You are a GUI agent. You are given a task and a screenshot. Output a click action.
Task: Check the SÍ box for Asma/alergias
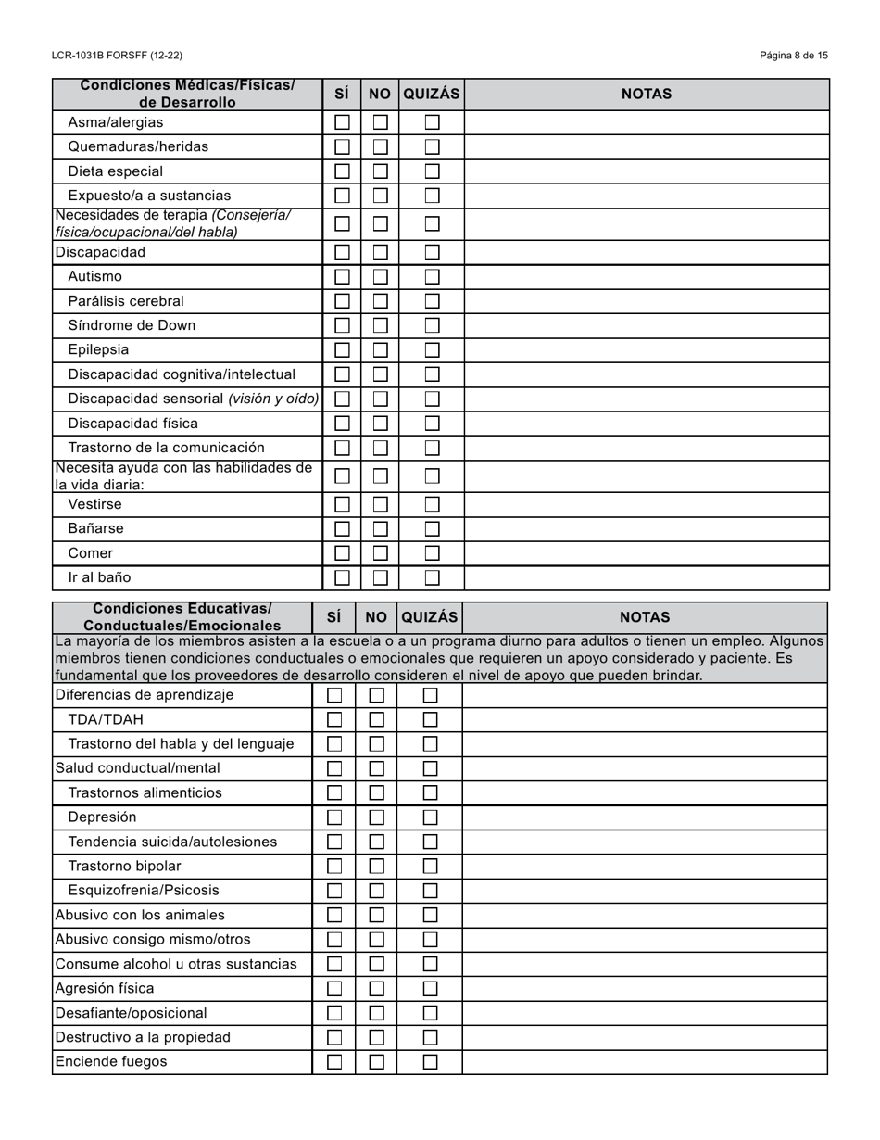coord(342,122)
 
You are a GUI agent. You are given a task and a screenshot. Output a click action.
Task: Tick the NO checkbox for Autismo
coord(380,276)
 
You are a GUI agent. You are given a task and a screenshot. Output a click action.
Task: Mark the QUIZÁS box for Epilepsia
coord(432,350)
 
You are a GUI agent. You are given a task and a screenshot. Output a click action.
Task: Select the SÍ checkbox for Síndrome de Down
coord(342,325)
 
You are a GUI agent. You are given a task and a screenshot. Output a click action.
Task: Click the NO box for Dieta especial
coord(380,171)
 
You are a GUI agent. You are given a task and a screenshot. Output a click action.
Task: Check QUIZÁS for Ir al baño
coord(432,577)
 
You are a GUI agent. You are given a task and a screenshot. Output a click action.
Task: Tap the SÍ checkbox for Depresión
coord(334,817)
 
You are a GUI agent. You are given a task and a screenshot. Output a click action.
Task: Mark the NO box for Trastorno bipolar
coord(376,867)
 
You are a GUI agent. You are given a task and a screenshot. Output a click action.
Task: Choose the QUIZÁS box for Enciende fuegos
coord(430,1062)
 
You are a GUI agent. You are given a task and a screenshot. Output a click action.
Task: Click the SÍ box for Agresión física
coord(334,989)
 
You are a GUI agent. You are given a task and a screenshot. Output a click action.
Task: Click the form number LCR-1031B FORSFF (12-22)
coord(117,56)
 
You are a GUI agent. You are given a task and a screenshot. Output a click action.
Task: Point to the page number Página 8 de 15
coord(794,56)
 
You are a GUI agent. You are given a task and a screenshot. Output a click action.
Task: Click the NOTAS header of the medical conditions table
coord(646,94)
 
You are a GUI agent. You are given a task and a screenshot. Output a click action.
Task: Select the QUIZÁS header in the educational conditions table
coord(430,617)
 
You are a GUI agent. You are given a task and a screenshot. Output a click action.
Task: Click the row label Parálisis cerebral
coord(126,301)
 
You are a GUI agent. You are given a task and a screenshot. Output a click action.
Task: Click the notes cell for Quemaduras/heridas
coord(646,146)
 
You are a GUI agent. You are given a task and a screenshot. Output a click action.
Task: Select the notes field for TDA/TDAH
coord(645,720)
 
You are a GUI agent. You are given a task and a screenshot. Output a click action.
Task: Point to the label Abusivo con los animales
coord(140,916)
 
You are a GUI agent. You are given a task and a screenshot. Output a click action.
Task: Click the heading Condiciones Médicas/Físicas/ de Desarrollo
coord(187,94)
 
